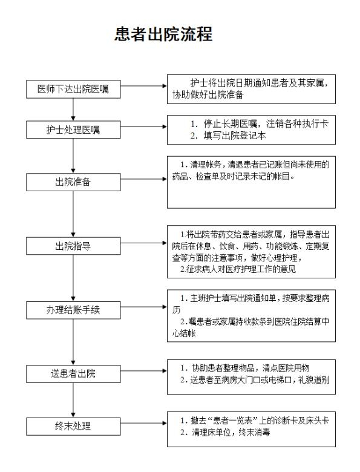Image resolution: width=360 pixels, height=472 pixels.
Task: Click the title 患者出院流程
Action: coord(163,34)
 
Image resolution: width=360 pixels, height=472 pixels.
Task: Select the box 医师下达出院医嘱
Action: coord(73,89)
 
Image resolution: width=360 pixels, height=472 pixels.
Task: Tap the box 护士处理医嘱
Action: coord(73,129)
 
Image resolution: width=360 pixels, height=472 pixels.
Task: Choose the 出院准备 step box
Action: coord(73,182)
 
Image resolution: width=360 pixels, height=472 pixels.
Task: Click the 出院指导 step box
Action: coord(73,246)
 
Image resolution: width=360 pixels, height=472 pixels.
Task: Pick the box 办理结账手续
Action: coord(73,310)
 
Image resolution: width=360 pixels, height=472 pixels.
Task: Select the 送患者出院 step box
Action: coord(73,374)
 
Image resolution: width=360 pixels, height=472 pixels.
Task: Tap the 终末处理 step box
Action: coord(73,426)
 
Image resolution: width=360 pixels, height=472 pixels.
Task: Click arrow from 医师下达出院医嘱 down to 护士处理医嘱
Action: coord(73,110)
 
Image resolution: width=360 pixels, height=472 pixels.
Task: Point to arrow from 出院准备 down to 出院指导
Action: coord(73,214)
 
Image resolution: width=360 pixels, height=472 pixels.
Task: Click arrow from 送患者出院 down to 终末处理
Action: coord(73,400)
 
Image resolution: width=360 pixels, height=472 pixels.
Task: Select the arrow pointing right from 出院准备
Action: coord(143,179)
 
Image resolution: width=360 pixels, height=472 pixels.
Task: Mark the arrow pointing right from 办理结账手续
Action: coord(143,307)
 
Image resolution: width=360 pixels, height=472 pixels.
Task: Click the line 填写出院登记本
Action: coord(235,136)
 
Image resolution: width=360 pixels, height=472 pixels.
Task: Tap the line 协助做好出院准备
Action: coord(208,95)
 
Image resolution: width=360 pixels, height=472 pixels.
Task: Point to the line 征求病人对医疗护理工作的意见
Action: coord(241,269)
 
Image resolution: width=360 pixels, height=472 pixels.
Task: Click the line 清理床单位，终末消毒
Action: coord(231,433)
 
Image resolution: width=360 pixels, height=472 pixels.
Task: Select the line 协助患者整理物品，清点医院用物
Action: coord(250,368)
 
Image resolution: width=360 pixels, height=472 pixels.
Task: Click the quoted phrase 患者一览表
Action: coord(232,421)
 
